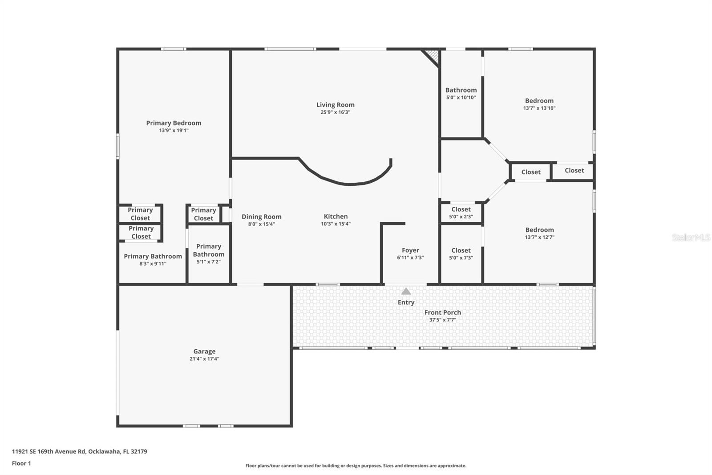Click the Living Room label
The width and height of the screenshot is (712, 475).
[335, 105]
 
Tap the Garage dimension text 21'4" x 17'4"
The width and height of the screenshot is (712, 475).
[204, 359]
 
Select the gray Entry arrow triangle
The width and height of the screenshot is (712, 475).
[406, 291]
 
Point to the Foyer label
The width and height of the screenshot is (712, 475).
[410, 250]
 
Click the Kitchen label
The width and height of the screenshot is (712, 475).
[336, 217]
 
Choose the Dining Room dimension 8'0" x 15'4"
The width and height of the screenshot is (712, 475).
[261, 224]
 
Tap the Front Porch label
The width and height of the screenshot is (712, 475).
[442, 312]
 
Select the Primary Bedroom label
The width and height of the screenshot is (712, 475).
[174, 123]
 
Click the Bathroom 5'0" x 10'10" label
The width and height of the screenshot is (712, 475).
[461, 90]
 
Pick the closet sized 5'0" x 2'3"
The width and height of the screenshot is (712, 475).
[461, 213]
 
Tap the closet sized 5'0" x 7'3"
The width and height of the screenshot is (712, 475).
[461, 254]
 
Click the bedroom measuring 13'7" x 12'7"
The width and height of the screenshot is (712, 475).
[539, 233]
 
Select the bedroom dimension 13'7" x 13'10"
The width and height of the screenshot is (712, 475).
[539, 108]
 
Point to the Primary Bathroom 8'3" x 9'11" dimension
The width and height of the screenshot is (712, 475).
[153, 264]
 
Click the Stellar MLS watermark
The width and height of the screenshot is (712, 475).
[691, 237]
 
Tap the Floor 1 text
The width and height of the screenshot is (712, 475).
[21, 463]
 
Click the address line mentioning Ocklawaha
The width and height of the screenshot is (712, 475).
[79, 451]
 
